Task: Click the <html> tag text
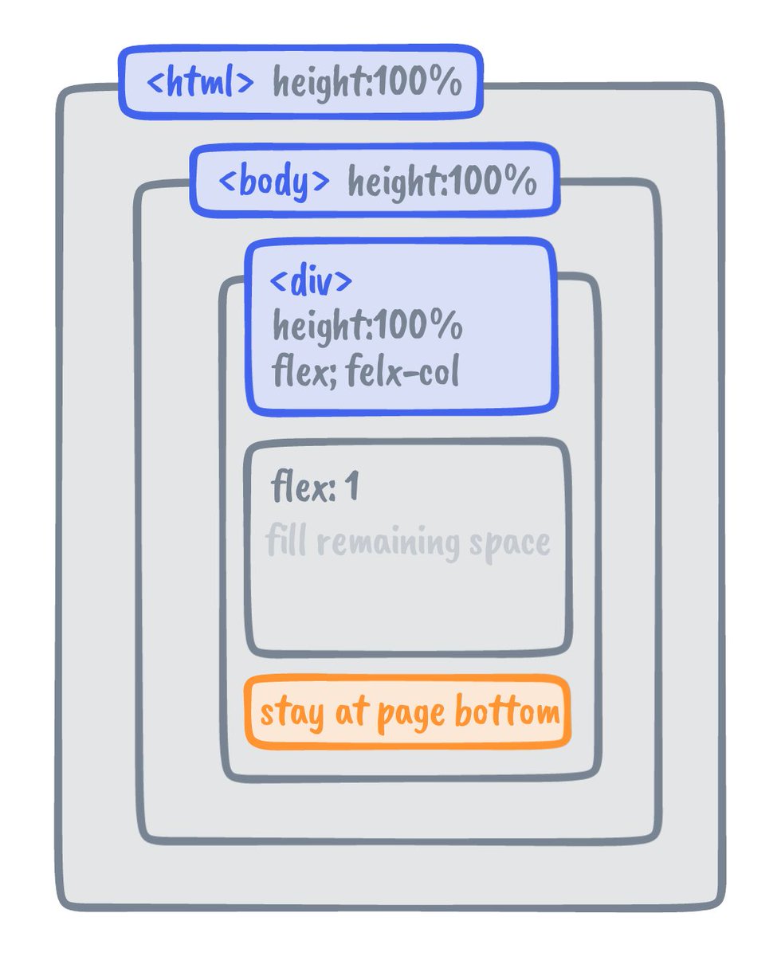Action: [x=201, y=83]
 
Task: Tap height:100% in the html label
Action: [x=367, y=83]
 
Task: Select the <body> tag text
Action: [x=273, y=182]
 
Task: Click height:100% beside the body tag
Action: [x=442, y=182]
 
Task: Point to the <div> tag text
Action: [x=311, y=282]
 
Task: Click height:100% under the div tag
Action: [x=367, y=326]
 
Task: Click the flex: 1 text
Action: [x=316, y=488]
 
